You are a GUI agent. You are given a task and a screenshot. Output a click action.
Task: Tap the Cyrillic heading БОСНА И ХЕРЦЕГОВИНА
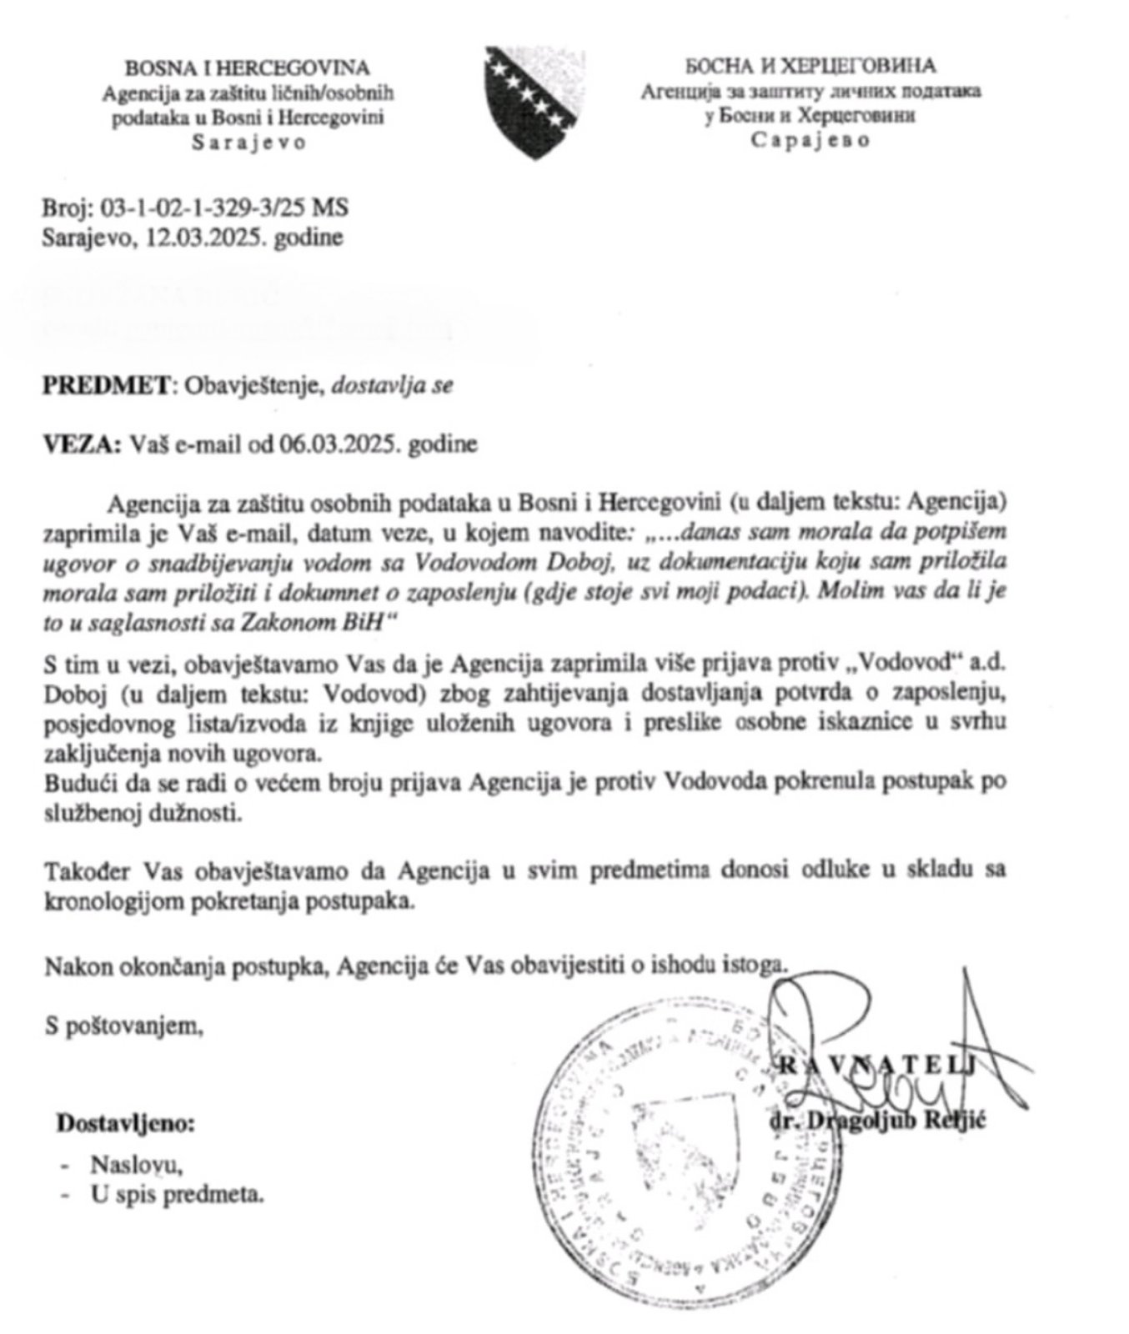point(810,66)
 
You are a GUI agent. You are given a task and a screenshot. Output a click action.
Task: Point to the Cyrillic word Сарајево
point(810,140)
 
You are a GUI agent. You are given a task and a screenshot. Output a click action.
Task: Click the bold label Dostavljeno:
point(125,1123)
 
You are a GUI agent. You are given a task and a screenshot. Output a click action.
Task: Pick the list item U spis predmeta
point(177,1196)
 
